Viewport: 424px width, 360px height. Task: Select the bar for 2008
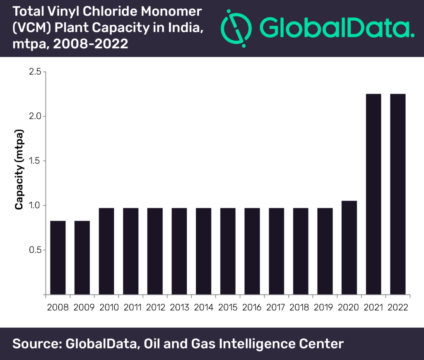58,258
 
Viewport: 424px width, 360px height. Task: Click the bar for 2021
373,194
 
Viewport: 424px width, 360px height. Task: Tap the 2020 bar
349,247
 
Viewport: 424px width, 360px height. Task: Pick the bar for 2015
228,251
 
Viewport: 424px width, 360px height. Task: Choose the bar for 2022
398,194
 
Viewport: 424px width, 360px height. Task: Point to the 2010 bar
106,251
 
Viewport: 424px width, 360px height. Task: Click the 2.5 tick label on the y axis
35,72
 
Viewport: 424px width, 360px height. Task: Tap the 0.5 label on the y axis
35,250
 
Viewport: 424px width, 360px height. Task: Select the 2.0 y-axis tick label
35,116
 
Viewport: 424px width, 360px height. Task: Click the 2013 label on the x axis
179,307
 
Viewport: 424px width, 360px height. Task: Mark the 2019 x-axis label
323,307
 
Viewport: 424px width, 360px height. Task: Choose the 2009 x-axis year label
84,307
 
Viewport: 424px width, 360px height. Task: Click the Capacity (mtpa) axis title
19,169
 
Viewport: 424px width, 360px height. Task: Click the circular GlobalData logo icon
236,29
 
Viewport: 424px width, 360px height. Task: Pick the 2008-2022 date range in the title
91,44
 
